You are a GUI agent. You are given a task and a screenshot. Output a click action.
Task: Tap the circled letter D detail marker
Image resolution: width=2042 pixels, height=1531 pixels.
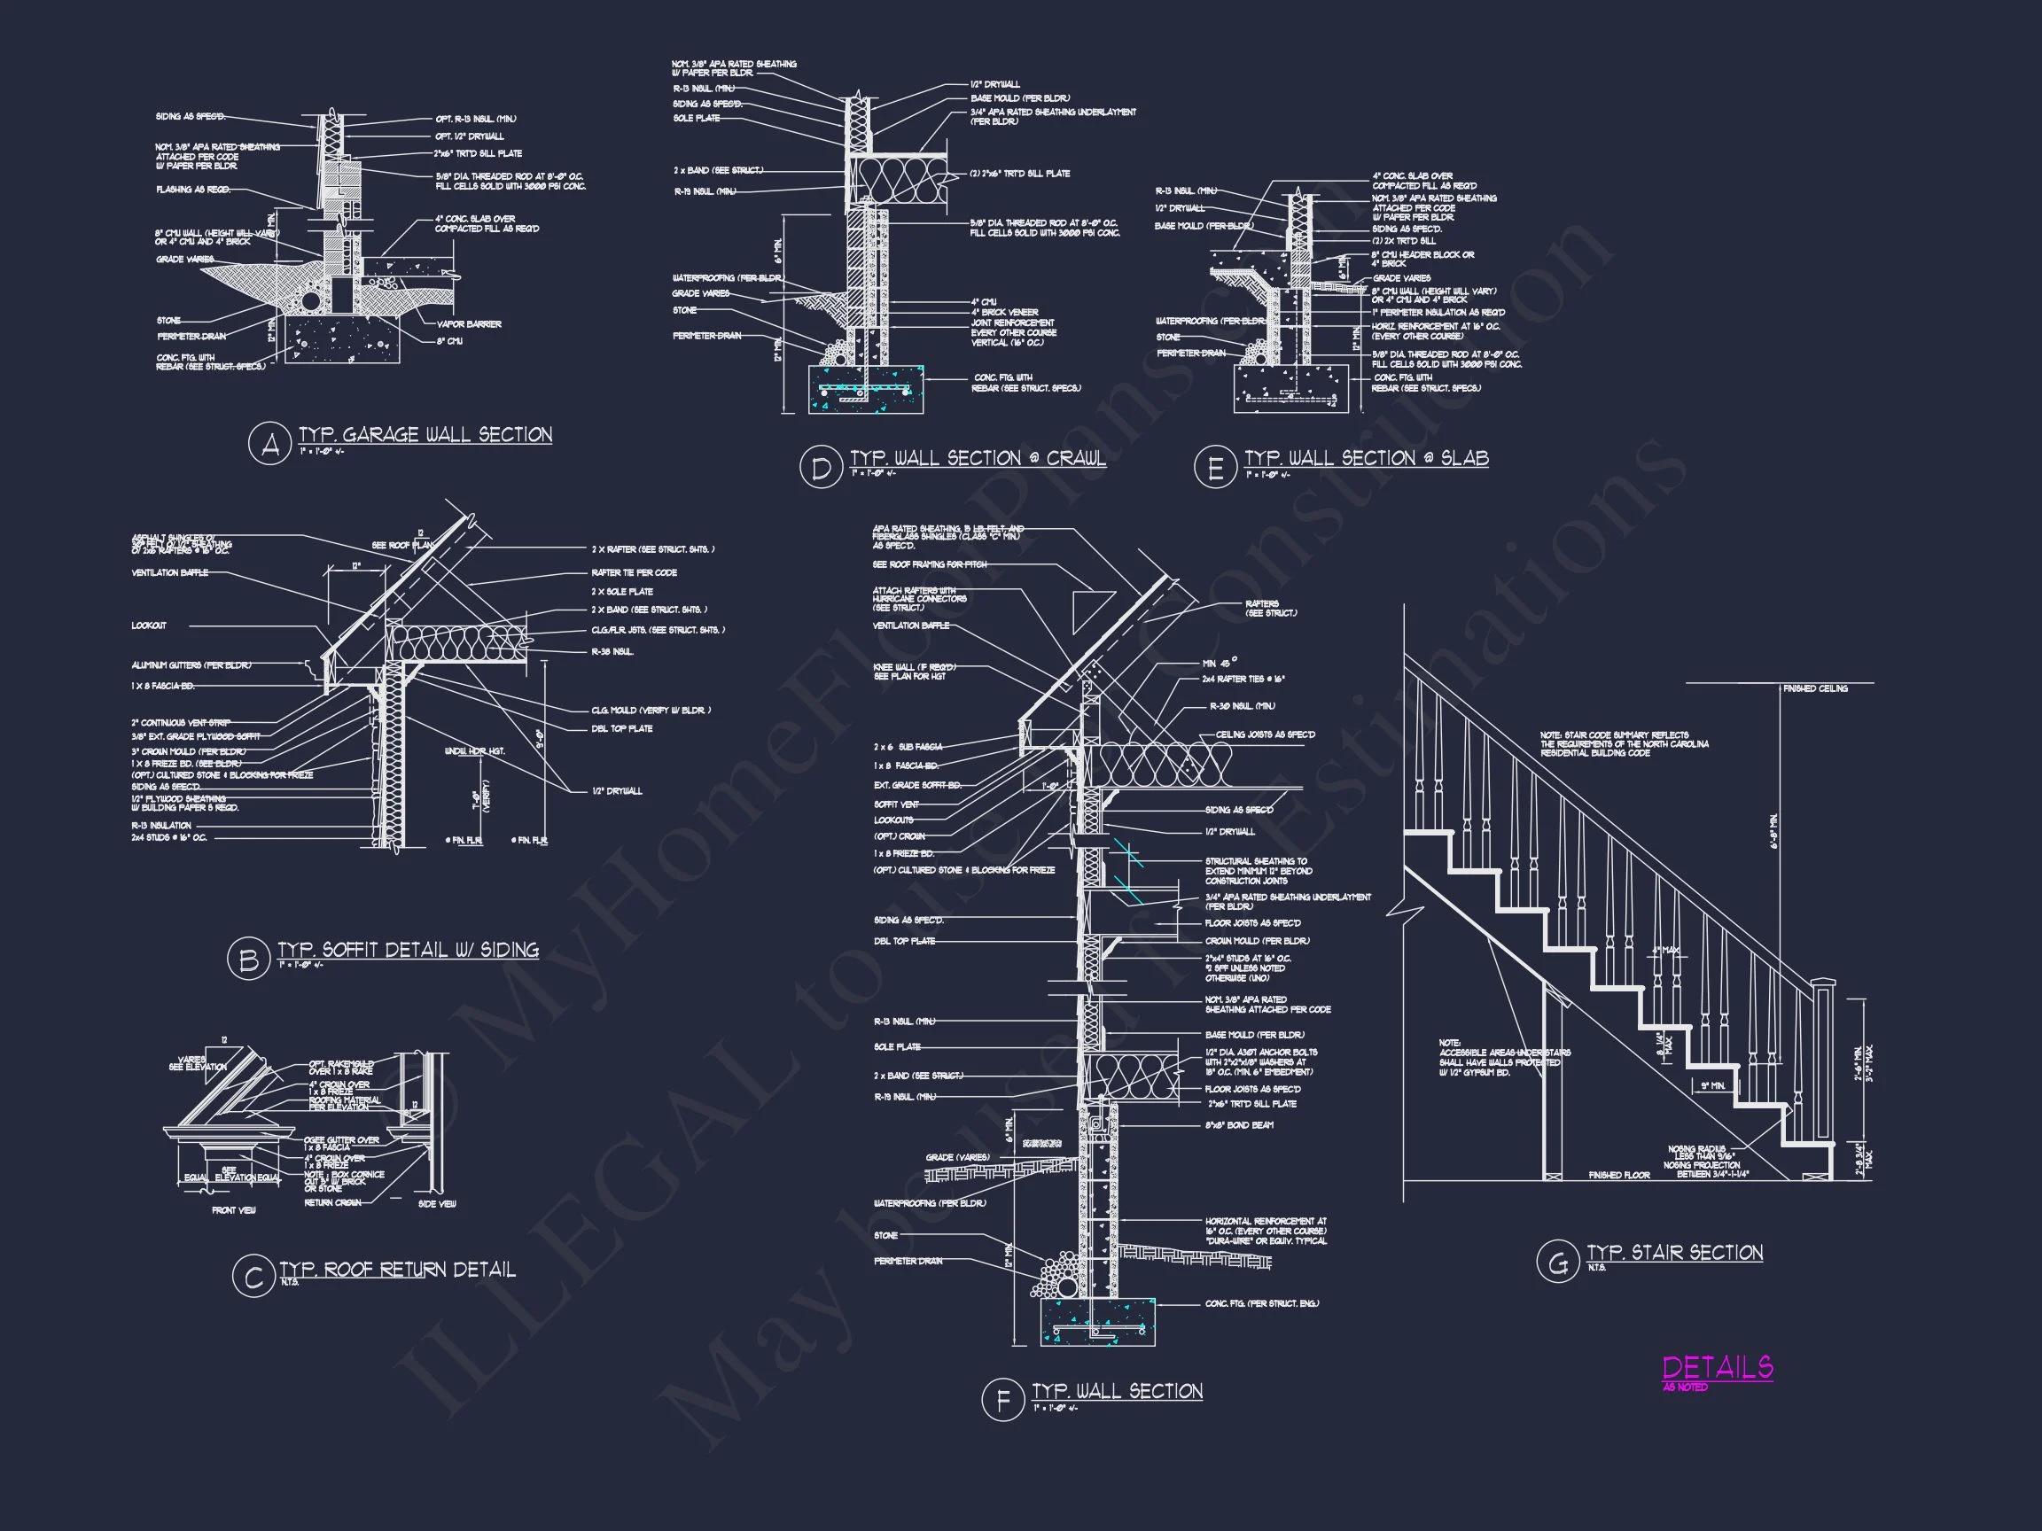click(821, 469)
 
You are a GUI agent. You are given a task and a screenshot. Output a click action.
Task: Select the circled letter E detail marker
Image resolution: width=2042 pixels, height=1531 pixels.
click(1215, 469)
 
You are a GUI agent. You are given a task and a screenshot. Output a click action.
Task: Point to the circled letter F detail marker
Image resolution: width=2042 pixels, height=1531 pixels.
click(1002, 1401)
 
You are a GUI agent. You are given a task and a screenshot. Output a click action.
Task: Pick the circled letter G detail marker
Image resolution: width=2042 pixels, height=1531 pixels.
click(1557, 1263)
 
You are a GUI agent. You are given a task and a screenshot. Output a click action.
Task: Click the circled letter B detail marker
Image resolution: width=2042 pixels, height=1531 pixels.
click(248, 960)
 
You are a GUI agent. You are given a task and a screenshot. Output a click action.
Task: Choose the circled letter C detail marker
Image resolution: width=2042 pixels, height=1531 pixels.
click(253, 1278)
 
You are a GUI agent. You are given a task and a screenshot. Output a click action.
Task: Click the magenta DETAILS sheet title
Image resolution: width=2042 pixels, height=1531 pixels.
click(1717, 1367)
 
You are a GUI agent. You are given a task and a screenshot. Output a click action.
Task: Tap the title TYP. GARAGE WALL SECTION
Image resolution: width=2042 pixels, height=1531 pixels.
click(425, 435)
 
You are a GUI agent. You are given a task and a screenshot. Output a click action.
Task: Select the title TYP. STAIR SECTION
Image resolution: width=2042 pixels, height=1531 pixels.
click(1674, 1252)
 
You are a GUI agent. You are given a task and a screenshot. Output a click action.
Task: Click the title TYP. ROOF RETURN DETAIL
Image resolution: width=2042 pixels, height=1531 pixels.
click(398, 1270)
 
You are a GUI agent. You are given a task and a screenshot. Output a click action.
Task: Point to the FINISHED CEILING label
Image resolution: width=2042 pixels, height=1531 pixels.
click(1815, 688)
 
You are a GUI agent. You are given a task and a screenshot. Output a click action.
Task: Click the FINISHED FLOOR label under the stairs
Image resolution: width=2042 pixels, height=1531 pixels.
click(1618, 1175)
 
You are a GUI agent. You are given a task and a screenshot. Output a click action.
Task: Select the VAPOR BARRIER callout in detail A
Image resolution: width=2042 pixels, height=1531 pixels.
click(469, 324)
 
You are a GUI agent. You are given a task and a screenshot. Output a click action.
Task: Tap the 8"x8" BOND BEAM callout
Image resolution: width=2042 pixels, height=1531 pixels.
click(1239, 1125)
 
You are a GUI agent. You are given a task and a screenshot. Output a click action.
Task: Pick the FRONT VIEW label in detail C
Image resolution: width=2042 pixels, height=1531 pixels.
click(234, 1210)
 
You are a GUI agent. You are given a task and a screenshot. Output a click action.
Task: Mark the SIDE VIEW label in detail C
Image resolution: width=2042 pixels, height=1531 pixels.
click(437, 1203)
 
